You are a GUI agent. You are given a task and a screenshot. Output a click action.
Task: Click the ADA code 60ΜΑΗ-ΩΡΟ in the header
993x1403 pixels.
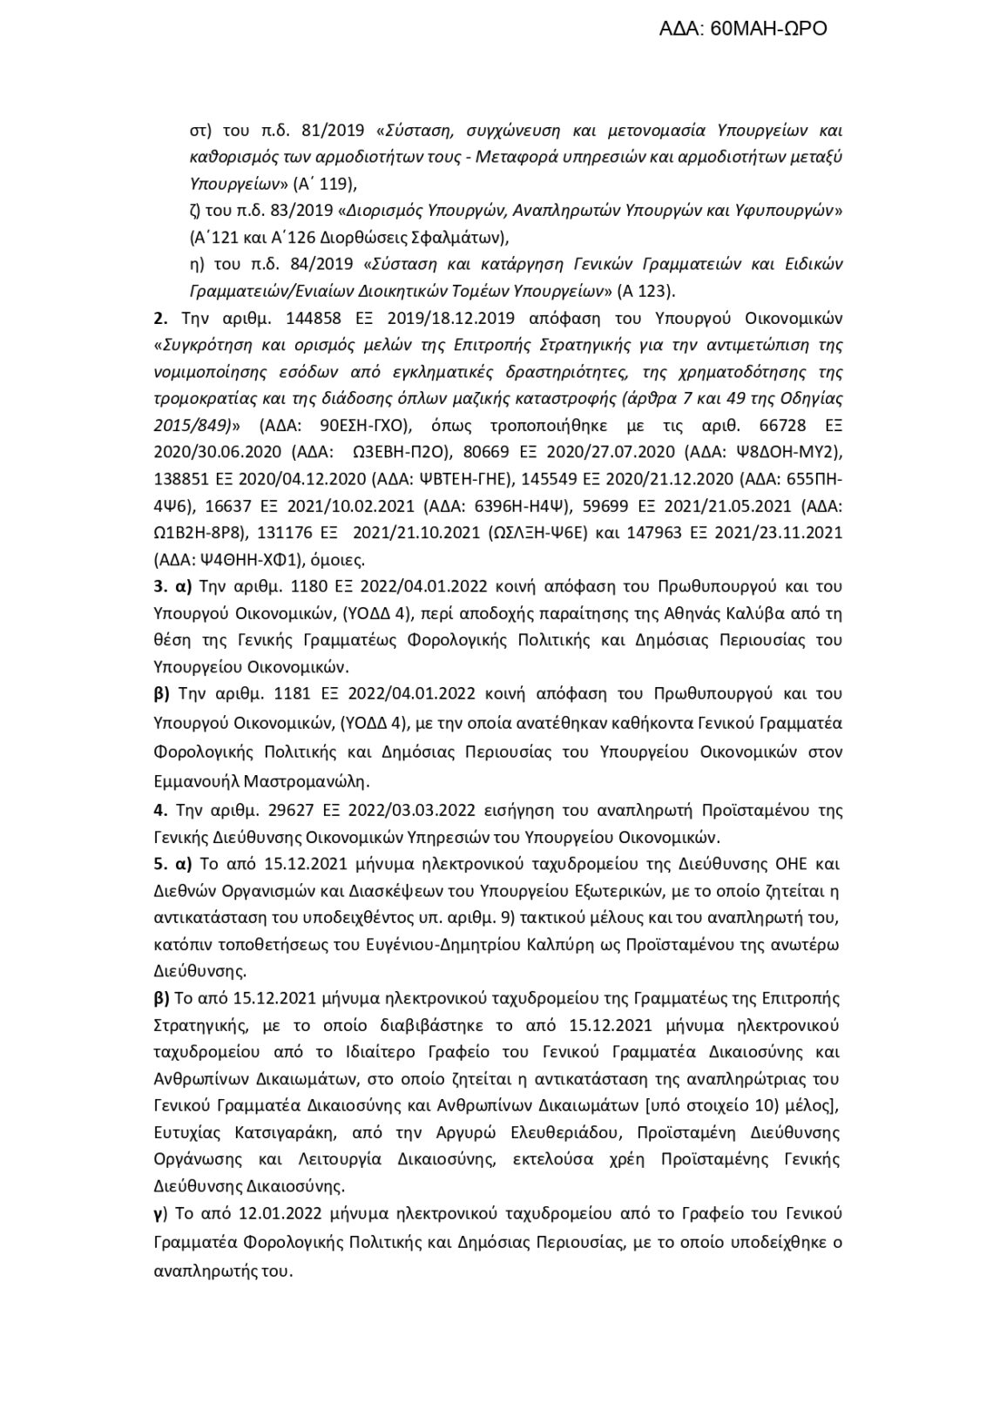click(768, 29)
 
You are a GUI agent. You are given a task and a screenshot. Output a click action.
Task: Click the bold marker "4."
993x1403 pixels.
click(159, 810)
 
